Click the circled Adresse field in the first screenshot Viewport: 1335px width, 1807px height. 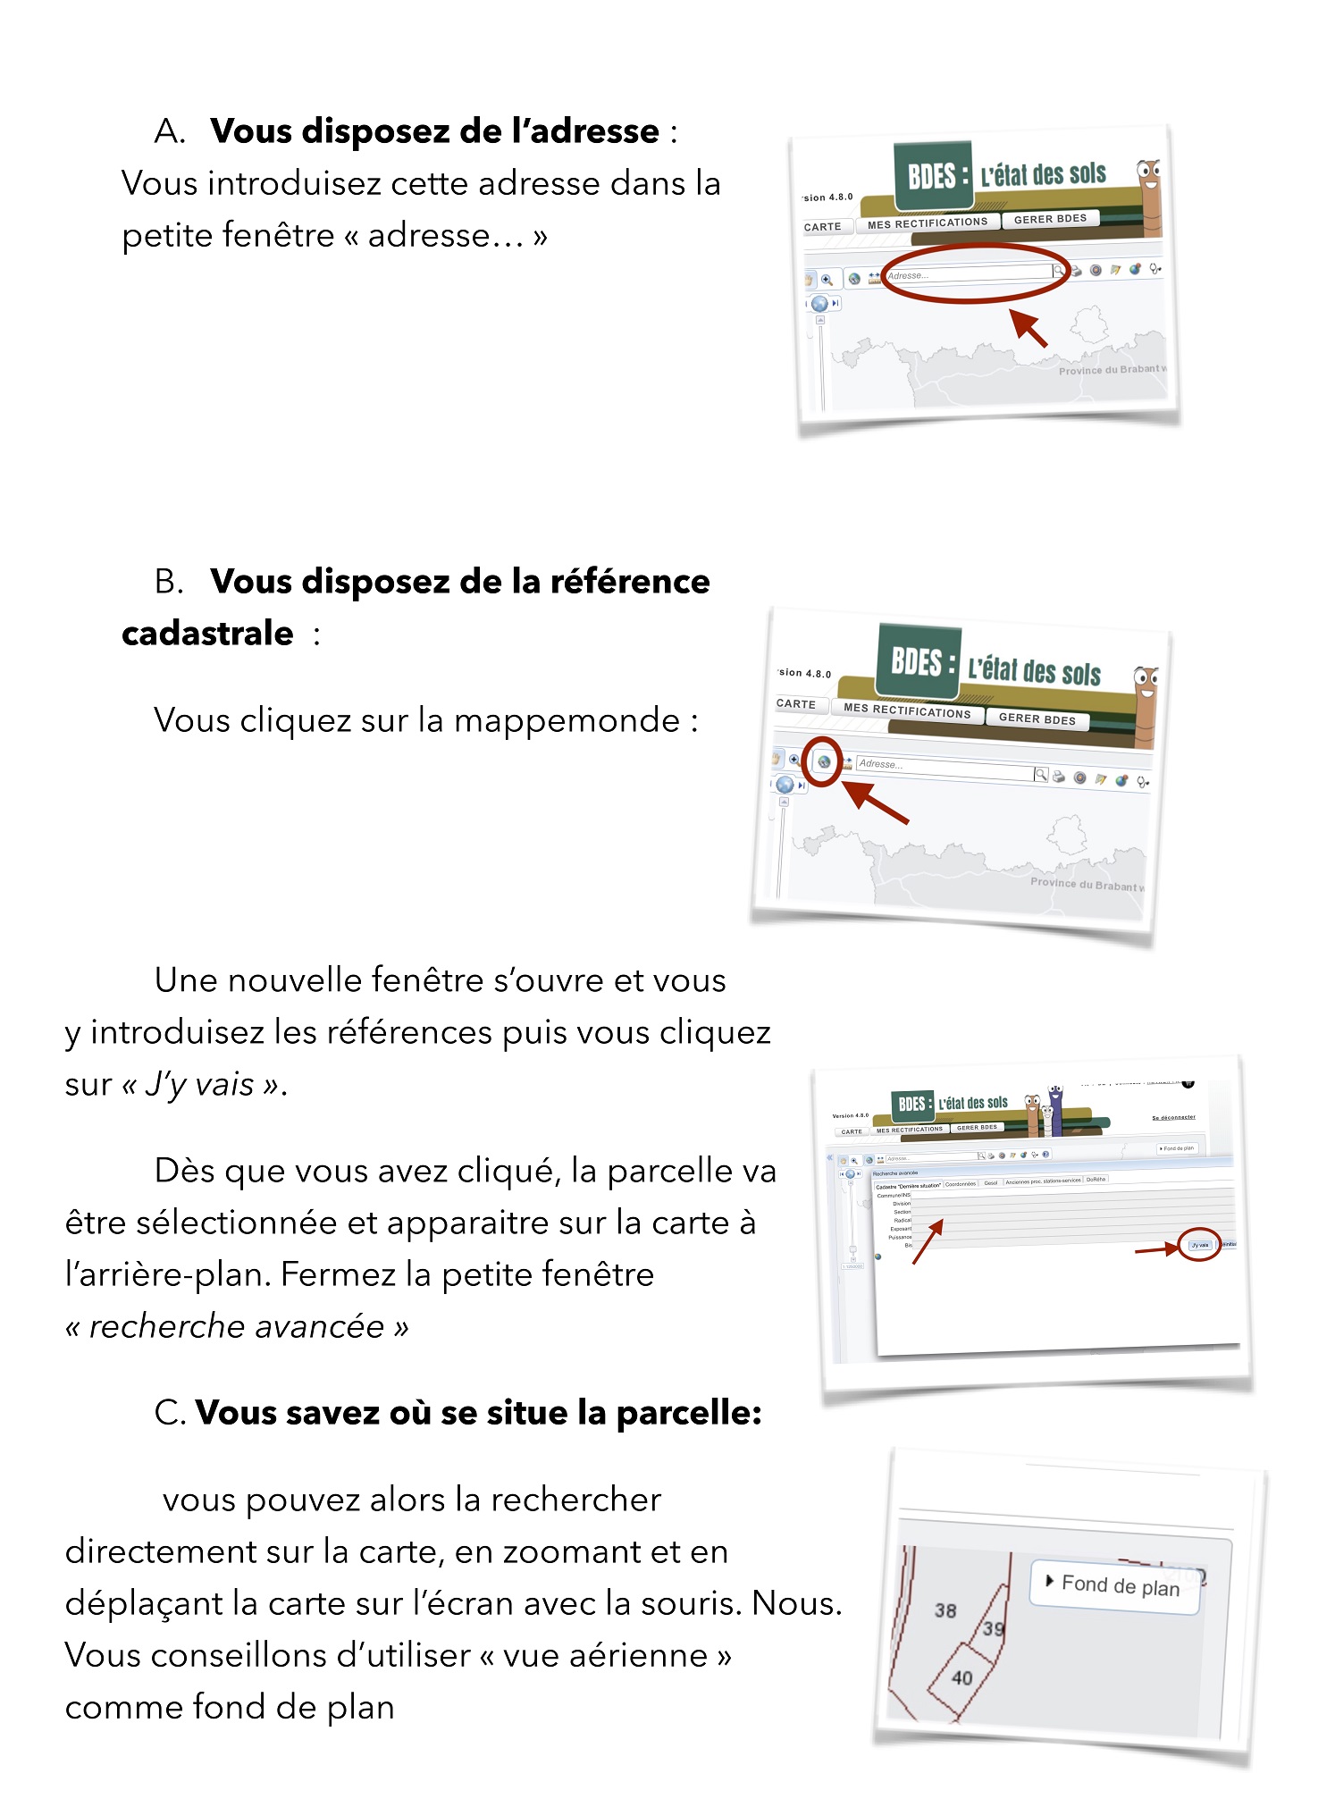(970, 273)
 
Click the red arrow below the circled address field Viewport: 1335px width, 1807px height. (1029, 327)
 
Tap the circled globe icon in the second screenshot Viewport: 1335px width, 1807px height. (823, 762)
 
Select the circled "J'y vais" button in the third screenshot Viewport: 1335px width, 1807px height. (1199, 1245)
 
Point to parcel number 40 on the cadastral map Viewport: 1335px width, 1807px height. (961, 1678)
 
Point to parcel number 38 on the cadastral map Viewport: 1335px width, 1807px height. (945, 1610)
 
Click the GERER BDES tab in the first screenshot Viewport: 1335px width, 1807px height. (1050, 219)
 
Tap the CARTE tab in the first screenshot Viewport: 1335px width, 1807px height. (822, 227)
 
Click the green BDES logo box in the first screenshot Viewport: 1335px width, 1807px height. (933, 175)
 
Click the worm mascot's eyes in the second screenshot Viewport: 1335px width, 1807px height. (1146, 677)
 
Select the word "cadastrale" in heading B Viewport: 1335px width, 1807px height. (207, 634)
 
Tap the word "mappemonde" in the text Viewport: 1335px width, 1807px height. (567, 720)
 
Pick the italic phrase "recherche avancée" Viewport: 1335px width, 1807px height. (237, 1327)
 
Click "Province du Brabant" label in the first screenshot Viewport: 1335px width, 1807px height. (1108, 370)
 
